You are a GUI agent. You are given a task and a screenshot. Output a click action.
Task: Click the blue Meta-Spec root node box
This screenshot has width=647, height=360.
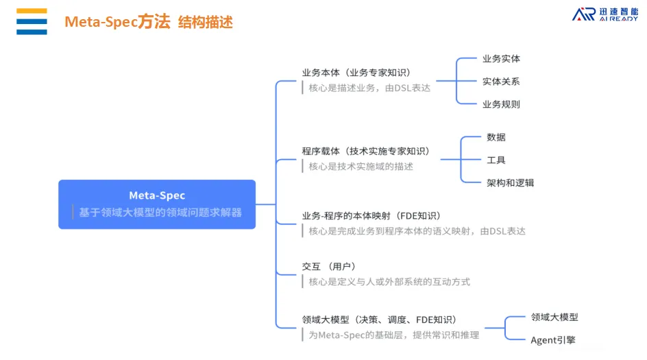(x=157, y=204)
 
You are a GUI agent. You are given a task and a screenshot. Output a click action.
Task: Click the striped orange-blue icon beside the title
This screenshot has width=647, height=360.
(x=32, y=21)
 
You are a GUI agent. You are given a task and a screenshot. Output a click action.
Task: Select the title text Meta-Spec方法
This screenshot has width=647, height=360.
(x=117, y=22)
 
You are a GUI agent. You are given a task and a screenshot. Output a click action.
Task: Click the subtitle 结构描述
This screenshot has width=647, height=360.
(x=206, y=23)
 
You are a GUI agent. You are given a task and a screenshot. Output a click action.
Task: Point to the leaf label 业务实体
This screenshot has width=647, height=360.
(x=501, y=58)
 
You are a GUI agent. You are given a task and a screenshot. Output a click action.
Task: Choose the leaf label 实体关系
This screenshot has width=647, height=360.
(x=501, y=81)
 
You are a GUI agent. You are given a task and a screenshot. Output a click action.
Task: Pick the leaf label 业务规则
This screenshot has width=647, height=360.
(x=501, y=104)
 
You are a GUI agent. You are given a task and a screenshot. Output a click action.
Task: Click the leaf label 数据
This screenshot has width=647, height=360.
(x=496, y=137)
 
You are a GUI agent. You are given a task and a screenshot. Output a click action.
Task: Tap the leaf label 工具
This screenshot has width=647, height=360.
(x=496, y=160)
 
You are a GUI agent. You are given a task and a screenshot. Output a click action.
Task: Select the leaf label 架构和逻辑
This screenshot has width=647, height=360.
(x=510, y=182)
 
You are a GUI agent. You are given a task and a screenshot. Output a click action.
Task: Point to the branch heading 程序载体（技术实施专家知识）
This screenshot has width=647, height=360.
(x=365, y=151)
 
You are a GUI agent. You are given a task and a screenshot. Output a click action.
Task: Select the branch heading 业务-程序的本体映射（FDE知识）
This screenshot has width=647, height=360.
(x=370, y=216)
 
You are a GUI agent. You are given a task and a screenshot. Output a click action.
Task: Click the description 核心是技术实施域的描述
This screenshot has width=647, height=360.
(x=361, y=166)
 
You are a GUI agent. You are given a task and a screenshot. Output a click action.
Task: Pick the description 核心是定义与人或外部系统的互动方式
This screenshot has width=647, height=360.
(x=389, y=281)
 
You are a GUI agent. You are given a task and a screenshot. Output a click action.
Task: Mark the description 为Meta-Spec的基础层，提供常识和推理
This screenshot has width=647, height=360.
(x=393, y=335)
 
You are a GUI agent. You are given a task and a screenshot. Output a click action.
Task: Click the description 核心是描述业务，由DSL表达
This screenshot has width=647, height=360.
(x=369, y=88)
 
